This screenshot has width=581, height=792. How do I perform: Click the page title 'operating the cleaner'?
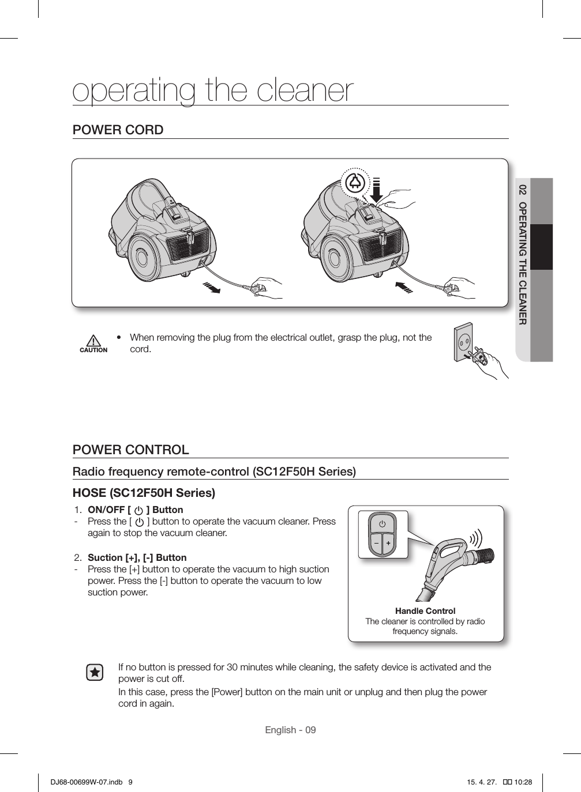point(213,90)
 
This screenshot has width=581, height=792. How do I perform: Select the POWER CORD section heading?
point(118,130)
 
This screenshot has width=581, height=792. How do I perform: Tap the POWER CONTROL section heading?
point(130,450)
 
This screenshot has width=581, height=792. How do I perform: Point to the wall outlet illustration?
point(467,346)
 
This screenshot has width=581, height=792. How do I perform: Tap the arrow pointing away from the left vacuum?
point(212,287)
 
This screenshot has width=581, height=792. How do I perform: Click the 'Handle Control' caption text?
point(425,610)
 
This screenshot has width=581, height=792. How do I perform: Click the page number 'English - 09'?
point(290,730)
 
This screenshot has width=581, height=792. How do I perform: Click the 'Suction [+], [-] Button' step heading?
point(137,557)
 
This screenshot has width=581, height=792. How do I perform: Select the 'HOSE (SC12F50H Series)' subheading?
point(144,493)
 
